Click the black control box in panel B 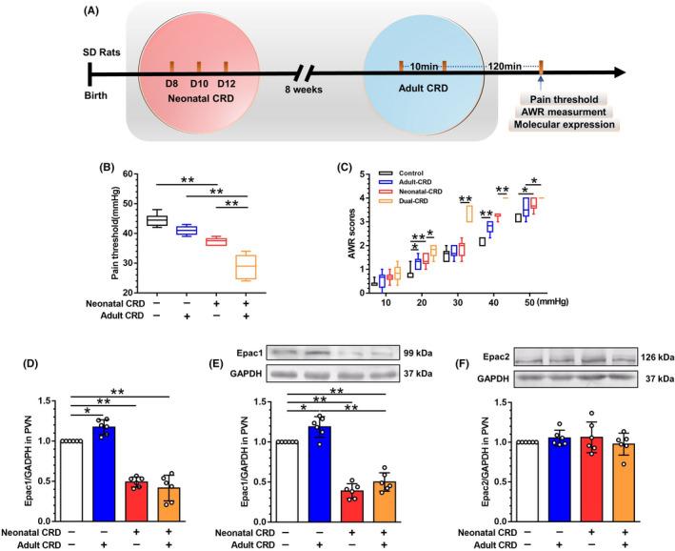157,220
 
